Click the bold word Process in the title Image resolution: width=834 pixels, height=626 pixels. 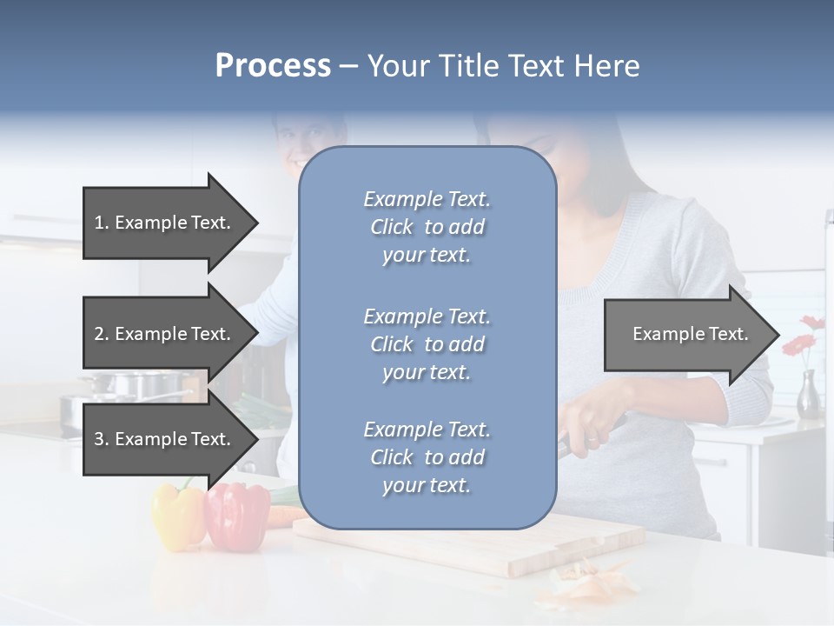click(x=273, y=66)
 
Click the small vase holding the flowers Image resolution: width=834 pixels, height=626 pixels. click(x=809, y=396)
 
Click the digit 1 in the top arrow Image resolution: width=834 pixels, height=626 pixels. click(x=99, y=223)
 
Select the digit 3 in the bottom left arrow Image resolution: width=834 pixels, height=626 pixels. click(x=99, y=439)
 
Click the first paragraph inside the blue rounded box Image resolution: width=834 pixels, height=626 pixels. click(x=427, y=227)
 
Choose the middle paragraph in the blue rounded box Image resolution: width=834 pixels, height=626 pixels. click(x=427, y=344)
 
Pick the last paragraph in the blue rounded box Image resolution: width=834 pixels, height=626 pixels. click(x=427, y=457)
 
